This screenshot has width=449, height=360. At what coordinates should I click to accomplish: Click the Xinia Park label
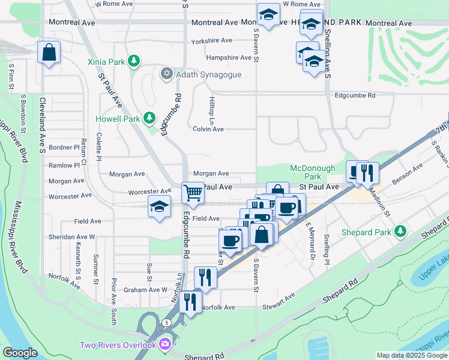click(x=106, y=61)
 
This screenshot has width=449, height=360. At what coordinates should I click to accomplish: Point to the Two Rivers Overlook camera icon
click(x=165, y=344)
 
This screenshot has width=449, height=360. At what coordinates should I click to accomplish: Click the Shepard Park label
click(x=366, y=232)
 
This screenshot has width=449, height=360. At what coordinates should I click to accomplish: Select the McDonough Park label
click(x=306, y=172)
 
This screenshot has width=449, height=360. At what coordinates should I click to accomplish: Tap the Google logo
click(x=20, y=353)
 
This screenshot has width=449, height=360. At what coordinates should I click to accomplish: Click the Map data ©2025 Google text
click(x=411, y=355)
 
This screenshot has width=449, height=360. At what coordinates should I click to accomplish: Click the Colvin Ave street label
click(x=208, y=129)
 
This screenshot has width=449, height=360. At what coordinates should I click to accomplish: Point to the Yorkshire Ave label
click(x=211, y=41)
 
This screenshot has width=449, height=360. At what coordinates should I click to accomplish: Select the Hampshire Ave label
click(x=229, y=58)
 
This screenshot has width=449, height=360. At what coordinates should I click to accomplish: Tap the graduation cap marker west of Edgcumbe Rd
click(x=159, y=208)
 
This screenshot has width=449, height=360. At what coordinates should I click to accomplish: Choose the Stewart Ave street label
click(x=279, y=306)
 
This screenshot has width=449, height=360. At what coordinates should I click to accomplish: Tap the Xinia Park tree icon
click(x=133, y=61)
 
